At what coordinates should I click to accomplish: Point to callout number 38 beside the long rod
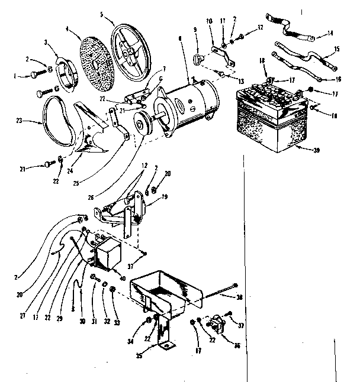pyautogui.click(x=240, y=299)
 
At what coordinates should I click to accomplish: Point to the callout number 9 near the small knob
pyautogui.click(x=193, y=29)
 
